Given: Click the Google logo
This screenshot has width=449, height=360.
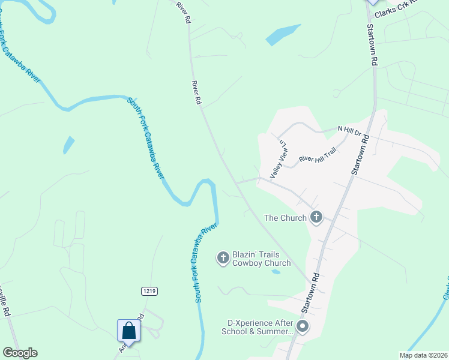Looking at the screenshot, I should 20,353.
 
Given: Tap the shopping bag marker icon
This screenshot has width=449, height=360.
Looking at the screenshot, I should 129,331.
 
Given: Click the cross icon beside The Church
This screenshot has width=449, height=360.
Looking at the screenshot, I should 316,218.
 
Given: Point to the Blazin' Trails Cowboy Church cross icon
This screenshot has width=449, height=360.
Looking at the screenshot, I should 223,258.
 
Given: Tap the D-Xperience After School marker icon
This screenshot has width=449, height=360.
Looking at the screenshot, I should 303,327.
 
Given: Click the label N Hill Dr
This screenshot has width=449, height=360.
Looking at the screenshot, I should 350,129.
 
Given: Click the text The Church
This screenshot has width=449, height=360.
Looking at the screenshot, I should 285,218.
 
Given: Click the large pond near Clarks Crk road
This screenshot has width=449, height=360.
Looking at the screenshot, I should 283,35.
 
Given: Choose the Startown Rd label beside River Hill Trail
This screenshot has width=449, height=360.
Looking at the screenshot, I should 359,156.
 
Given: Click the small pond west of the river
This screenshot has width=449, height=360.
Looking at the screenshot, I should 69,145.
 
